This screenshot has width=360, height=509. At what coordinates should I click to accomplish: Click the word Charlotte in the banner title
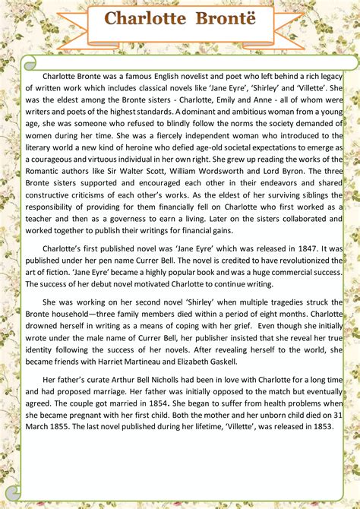[x=140, y=19]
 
